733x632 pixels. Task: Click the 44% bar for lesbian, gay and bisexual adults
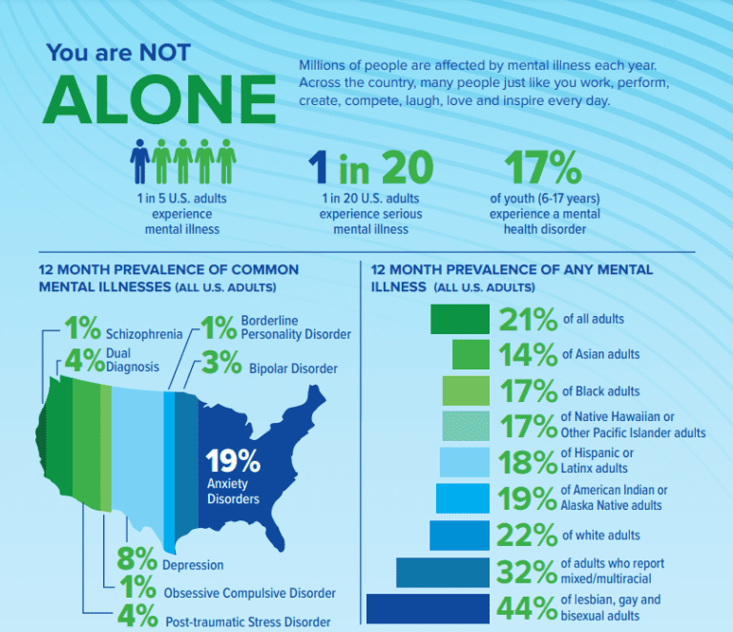click(428, 609)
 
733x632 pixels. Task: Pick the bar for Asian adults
click(471, 355)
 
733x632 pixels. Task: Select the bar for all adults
click(460, 319)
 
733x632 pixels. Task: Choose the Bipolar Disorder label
click(293, 369)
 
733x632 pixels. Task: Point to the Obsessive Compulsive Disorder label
click(249, 593)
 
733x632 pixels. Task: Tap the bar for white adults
click(459, 536)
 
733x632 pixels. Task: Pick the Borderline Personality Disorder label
click(296, 327)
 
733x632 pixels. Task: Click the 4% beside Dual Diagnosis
click(82, 360)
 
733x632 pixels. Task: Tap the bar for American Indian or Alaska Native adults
click(463, 499)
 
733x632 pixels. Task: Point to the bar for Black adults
click(466, 391)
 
